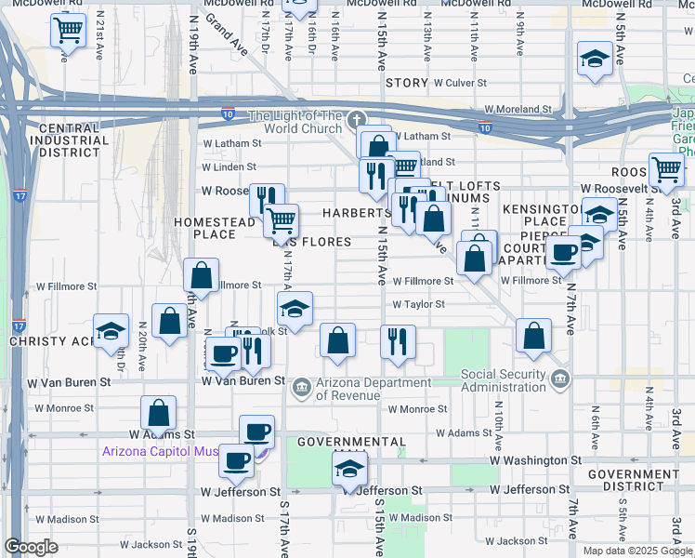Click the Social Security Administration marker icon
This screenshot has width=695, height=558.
(559, 379)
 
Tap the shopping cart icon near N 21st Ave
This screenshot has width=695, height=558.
(69, 31)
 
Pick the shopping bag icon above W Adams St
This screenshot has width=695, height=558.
(158, 412)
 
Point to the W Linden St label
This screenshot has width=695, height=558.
(229, 167)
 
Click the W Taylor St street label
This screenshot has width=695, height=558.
(418, 304)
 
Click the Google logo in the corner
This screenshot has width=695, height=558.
(32, 547)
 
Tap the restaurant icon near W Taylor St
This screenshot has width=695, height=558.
(398, 341)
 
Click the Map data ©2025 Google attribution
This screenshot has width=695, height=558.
(636, 551)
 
